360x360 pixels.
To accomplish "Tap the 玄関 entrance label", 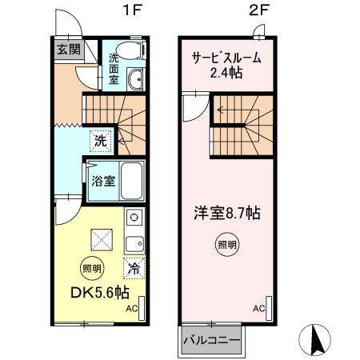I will click(68, 49).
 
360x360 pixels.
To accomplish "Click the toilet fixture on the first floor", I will click(129, 49).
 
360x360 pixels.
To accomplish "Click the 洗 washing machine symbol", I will click(99, 140).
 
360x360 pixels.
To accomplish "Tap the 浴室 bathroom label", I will click(101, 181).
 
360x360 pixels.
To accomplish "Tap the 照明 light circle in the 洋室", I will click(227, 245).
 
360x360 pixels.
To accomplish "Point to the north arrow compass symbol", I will click(317, 342).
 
